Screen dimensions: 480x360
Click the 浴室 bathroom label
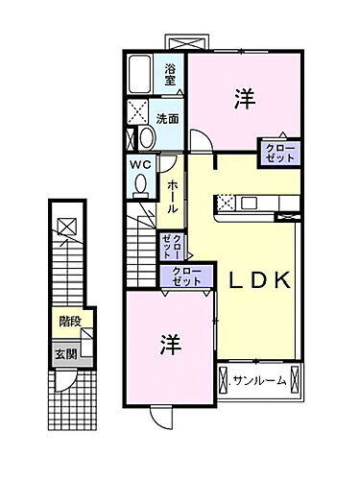(x=171, y=70)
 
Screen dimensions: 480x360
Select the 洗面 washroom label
(x=168, y=120)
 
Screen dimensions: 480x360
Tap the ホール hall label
(x=172, y=195)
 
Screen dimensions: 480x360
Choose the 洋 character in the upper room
(x=242, y=97)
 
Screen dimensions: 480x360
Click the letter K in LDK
(x=282, y=281)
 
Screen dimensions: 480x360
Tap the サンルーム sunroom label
(x=259, y=381)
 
